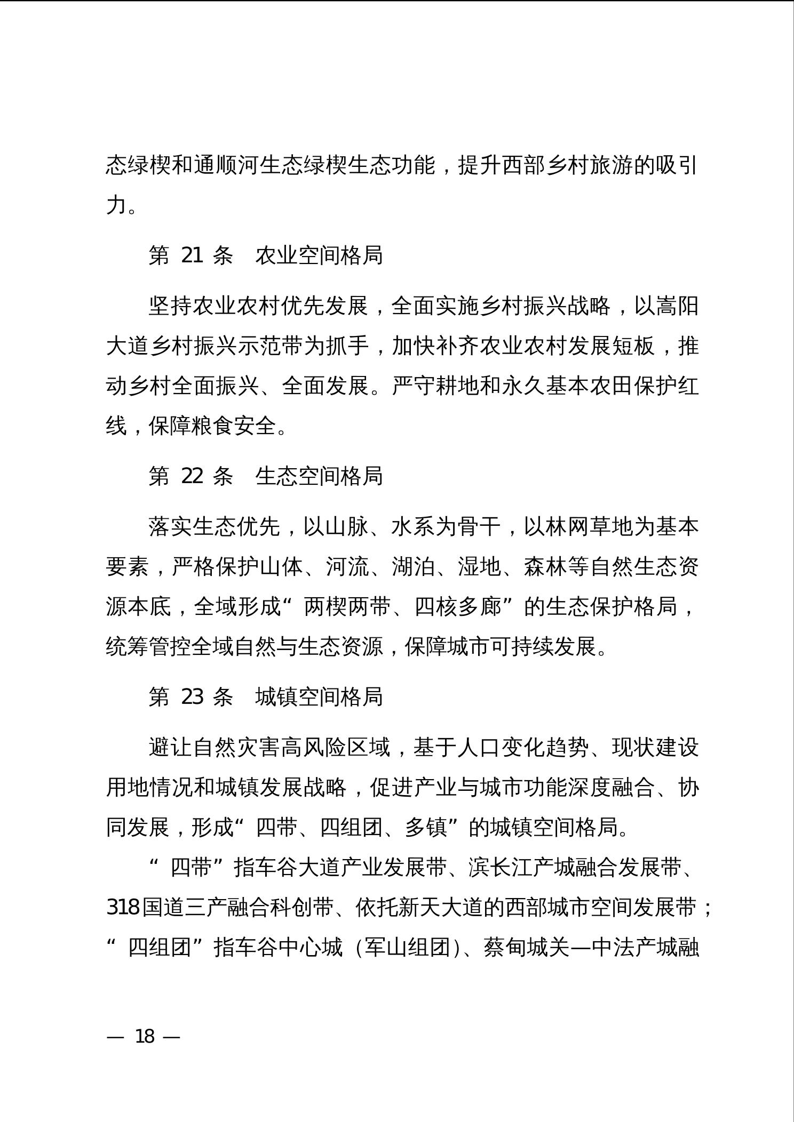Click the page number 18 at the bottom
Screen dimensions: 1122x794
pyautogui.click(x=145, y=1036)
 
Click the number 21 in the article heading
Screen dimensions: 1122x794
pyautogui.click(x=192, y=255)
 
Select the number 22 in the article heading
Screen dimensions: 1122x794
pyautogui.click(x=192, y=476)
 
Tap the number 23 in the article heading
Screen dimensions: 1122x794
pyautogui.click(x=192, y=696)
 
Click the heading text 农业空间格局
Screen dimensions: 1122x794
pyautogui.click(x=319, y=255)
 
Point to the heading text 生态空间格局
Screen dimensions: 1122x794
pyautogui.click(x=319, y=476)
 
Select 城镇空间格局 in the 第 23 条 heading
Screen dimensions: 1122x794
pyautogui.click(x=319, y=696)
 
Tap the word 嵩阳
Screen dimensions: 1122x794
pyautogui.click(x=677, y=307)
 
